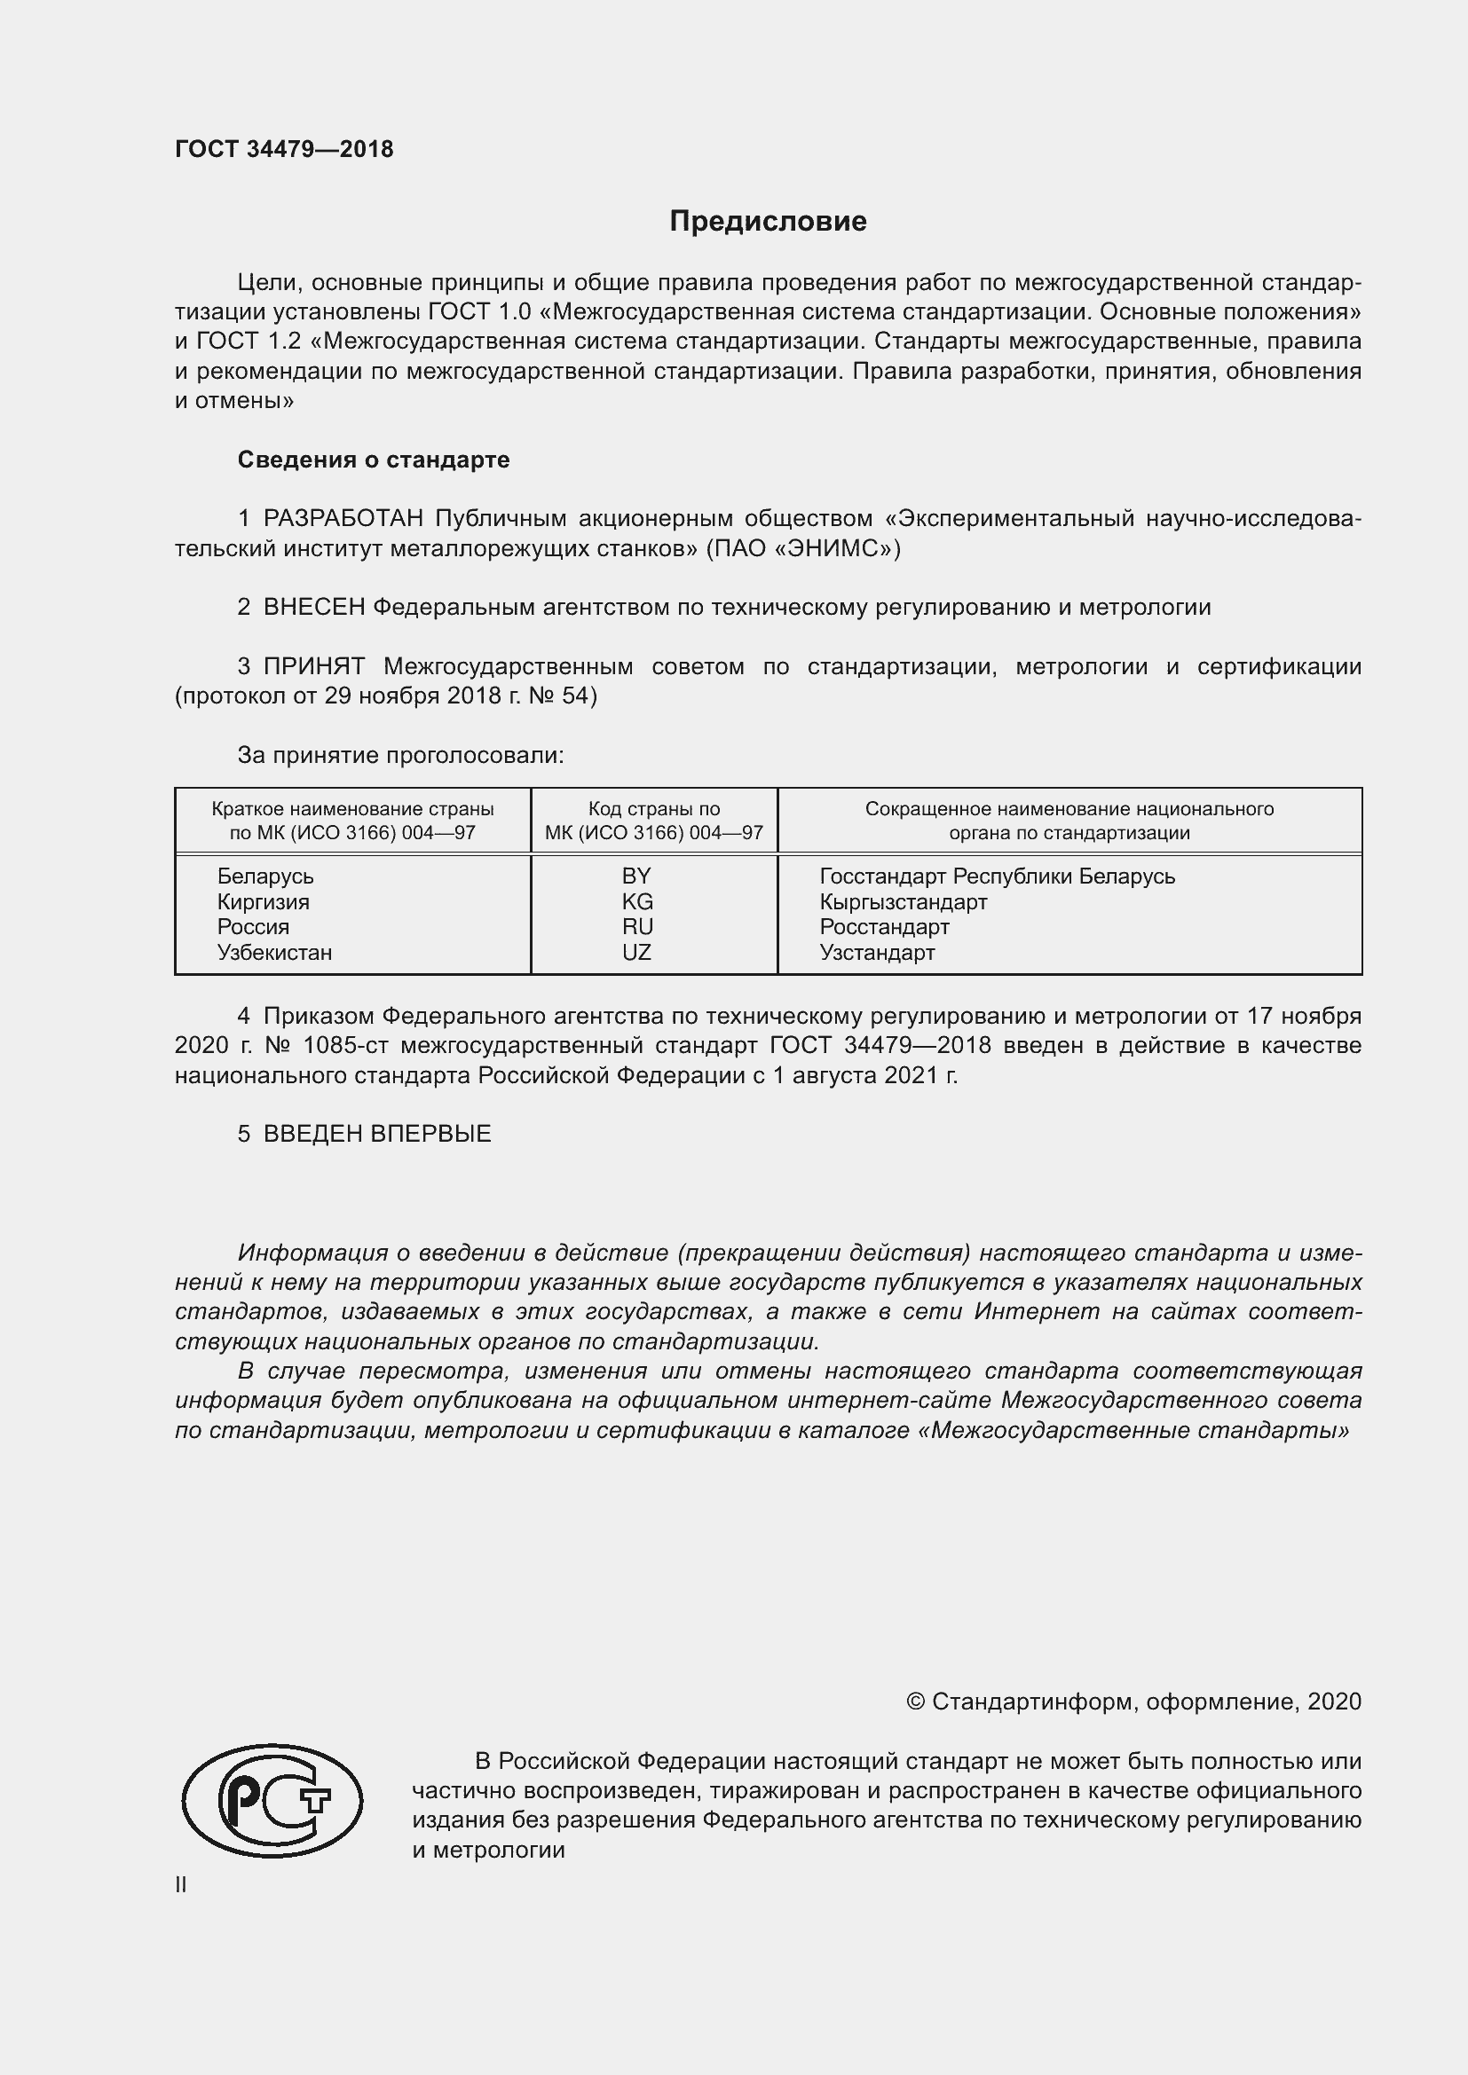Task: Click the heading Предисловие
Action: [x=768, y=222]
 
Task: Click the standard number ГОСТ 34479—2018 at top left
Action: [x=284, y=149]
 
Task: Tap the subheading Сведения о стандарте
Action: [x=374, y=460]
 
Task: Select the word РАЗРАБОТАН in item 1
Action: [x=343, y=519]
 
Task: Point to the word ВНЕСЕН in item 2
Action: [x=313, y=608]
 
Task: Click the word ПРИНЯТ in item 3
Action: [x=313, y=667]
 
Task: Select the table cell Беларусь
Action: [x=264, y=876]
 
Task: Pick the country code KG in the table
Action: [x=636, y=902]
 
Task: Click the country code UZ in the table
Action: [x=636, y=953]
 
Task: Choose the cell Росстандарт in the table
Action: [x=884, y=927]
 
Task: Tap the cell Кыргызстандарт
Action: [x=903, y=902]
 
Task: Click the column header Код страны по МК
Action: [x=653, y=821]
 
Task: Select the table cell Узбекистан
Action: [x=274, y=953]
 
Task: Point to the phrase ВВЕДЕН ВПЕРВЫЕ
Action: [x=377, y=1135]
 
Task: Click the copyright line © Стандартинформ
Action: [x=1133, y=1702]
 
